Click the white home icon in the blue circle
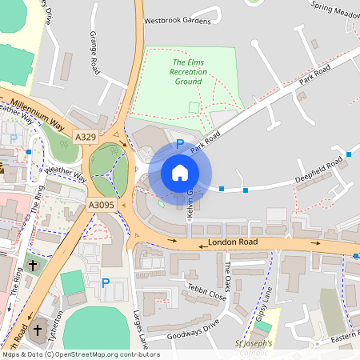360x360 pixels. click(x=180, y=172)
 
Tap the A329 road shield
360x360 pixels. click(x=86, y=137)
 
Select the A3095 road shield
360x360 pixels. click(x=101, y=206)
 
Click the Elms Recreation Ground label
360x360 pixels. click(x=188, y=72)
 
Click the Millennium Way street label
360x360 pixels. click(x=34, y=117)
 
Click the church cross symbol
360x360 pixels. click(x=34, y=263)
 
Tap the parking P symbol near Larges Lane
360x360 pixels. click(x=106, y=282)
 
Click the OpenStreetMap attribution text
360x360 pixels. click(x=81, y=354)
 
